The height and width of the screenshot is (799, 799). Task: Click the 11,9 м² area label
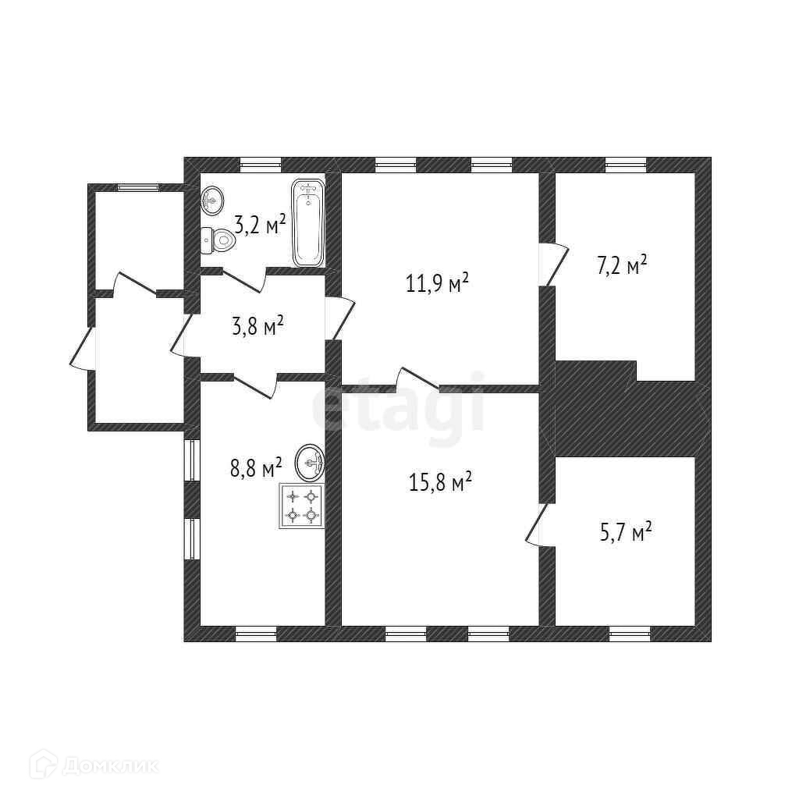coord(437,282)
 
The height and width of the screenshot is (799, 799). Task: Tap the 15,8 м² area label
coord(440,481)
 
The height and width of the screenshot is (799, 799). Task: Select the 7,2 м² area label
coord(622,265)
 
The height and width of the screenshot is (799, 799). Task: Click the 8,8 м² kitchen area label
coord(256,467)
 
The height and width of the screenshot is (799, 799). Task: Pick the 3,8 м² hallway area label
coord(257,325)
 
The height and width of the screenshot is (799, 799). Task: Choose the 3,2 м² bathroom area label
coord(260,224)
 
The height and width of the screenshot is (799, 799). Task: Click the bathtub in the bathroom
coord(307,222)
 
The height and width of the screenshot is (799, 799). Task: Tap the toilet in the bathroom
coord(218,240)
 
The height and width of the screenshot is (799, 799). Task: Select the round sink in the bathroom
coord(212,201)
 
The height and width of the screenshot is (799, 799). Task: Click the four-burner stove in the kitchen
coord(302,506)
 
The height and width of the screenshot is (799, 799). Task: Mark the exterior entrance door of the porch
coord(82,347)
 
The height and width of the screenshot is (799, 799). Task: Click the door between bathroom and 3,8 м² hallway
coord(244,279)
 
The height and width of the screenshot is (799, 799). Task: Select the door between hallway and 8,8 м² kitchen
coord(256,384)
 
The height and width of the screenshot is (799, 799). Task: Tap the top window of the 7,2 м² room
coord(626,164)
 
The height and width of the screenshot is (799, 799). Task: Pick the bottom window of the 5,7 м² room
coord(630,634)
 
